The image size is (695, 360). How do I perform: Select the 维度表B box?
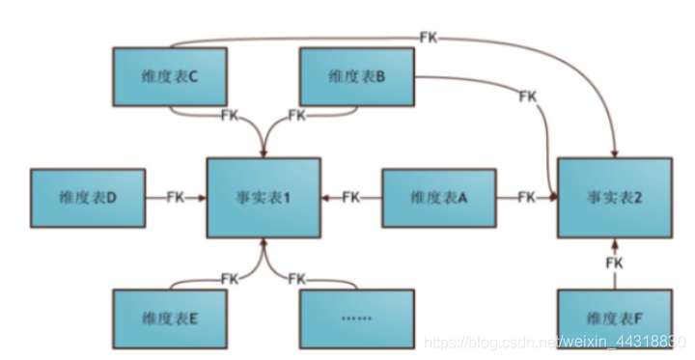pos(357,77)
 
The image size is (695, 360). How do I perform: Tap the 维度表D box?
pos(88,198)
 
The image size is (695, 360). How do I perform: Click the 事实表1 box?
pos(263,198)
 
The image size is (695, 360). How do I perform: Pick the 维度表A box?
pos(439,198)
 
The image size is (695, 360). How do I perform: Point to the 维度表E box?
pos(169,318)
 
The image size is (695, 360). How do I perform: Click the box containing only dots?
pos(356,318)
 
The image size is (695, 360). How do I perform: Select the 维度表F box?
pos(614,318)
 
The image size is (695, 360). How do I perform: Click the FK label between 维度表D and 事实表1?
pos(176,198)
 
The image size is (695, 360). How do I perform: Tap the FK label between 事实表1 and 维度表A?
pos(351,198)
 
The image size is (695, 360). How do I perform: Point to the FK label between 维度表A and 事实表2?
pos(526,198)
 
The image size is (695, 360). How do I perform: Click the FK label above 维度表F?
pos(614,263)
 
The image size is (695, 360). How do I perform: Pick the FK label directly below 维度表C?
pos(230,116)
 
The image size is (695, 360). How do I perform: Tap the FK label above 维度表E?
pos(230,279)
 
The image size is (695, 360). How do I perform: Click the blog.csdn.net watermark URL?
pos(554,343)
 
